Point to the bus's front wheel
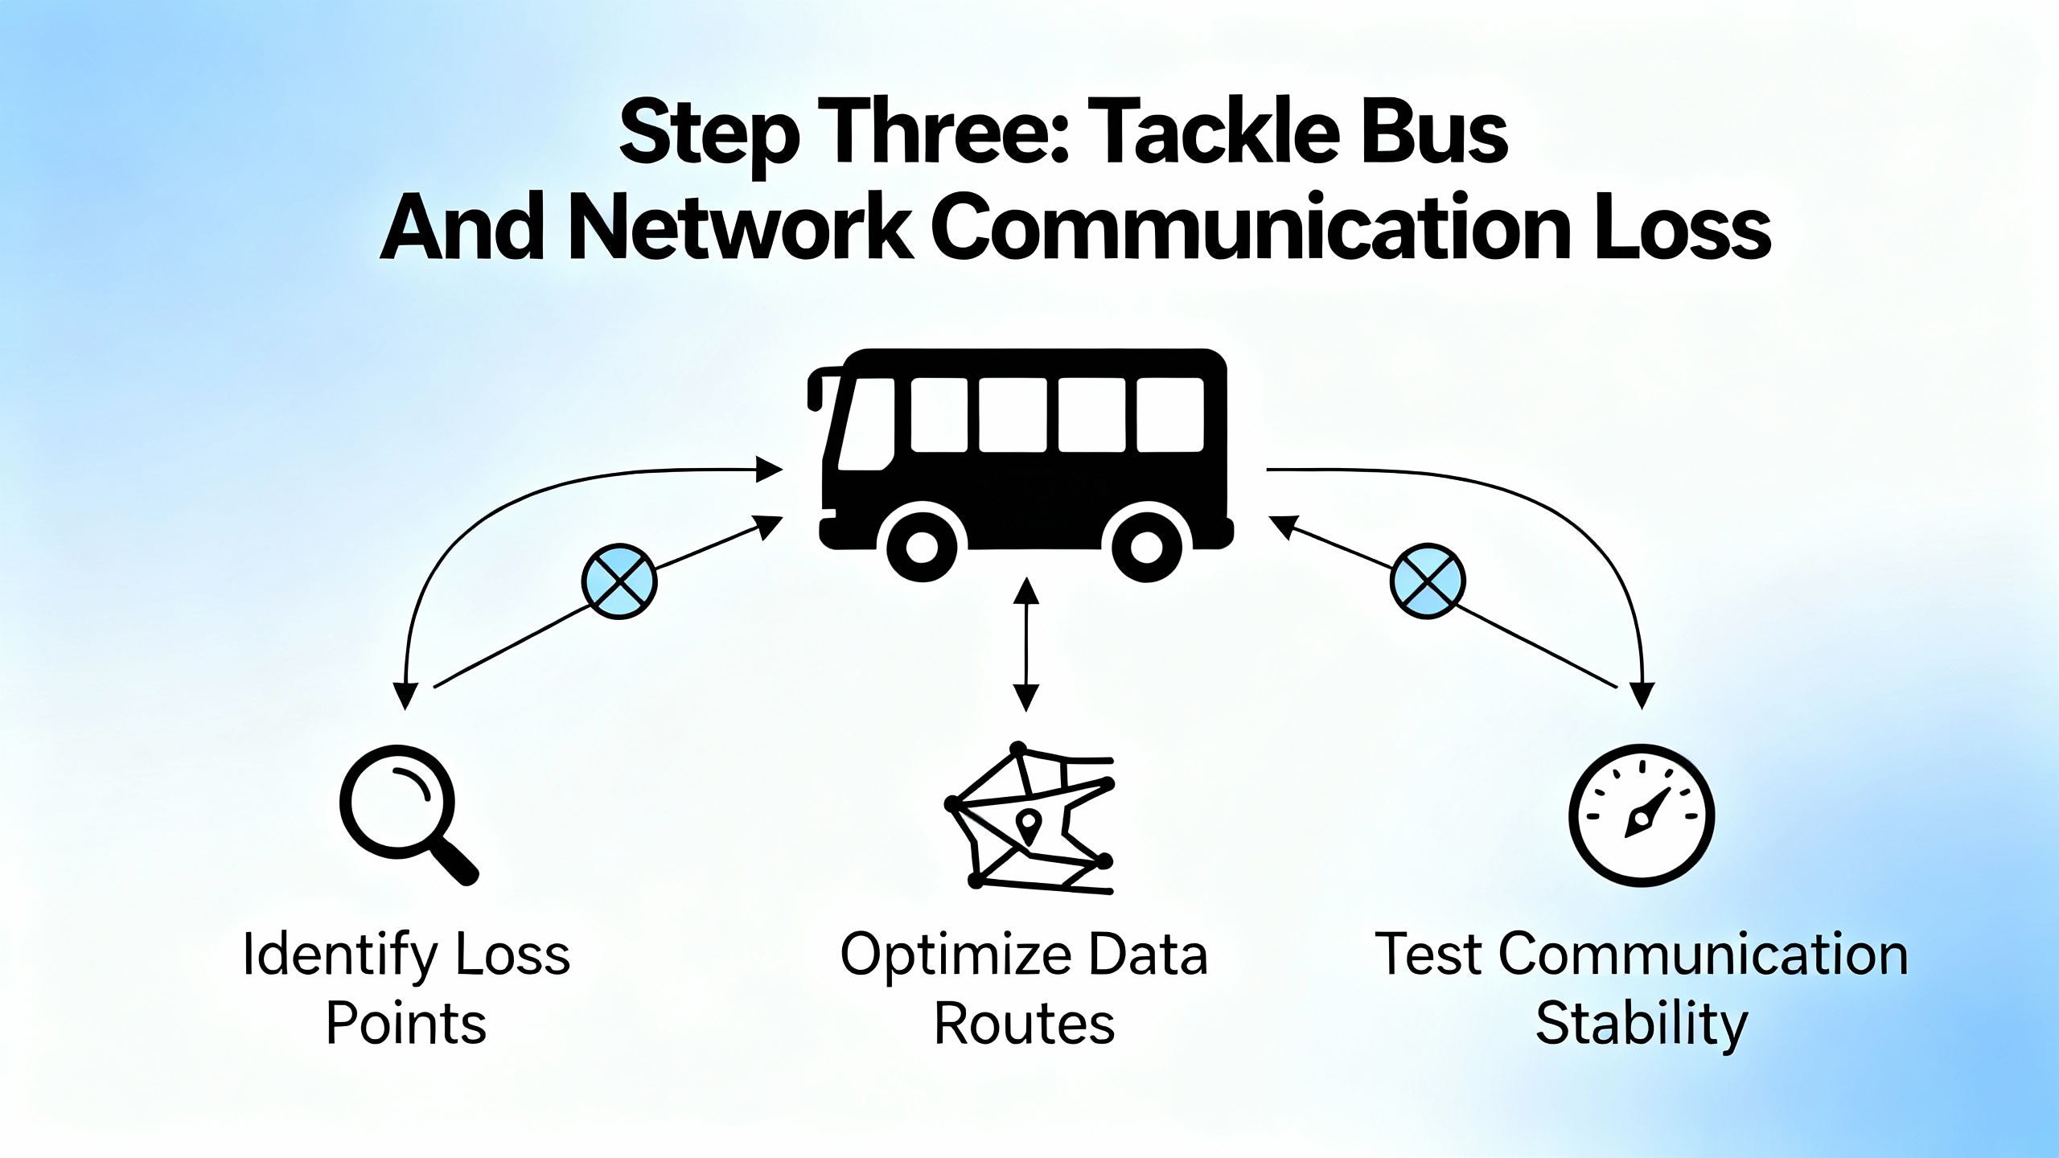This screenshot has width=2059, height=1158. tap(922, 547)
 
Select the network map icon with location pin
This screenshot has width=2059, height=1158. tap(1028, 820)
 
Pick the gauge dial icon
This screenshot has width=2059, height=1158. tap(1641, 814)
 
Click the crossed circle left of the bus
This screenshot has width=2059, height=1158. tap(619, 581)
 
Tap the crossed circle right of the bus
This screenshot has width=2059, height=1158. tap(1428, 581)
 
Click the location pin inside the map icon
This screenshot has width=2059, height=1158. tap(1029, 825)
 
